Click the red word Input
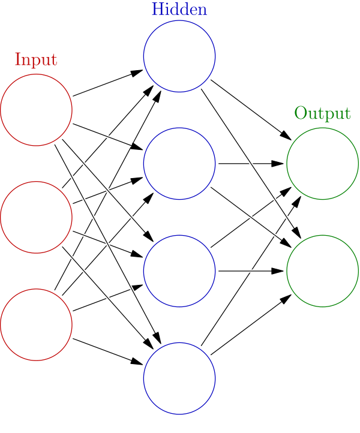click(x=36, y=59)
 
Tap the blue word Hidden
click(x=179, y=9)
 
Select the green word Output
click(x=322, y=113)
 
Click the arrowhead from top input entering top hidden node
click(x=136, y=73)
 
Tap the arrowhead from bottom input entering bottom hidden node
click(x=136, y=362)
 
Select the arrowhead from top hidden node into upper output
click(x=286, y=136)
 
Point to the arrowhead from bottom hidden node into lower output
click(x=286, y=299)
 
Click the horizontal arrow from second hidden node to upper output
click(x=251, y=164)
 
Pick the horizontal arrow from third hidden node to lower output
click(x=251, y=271)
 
